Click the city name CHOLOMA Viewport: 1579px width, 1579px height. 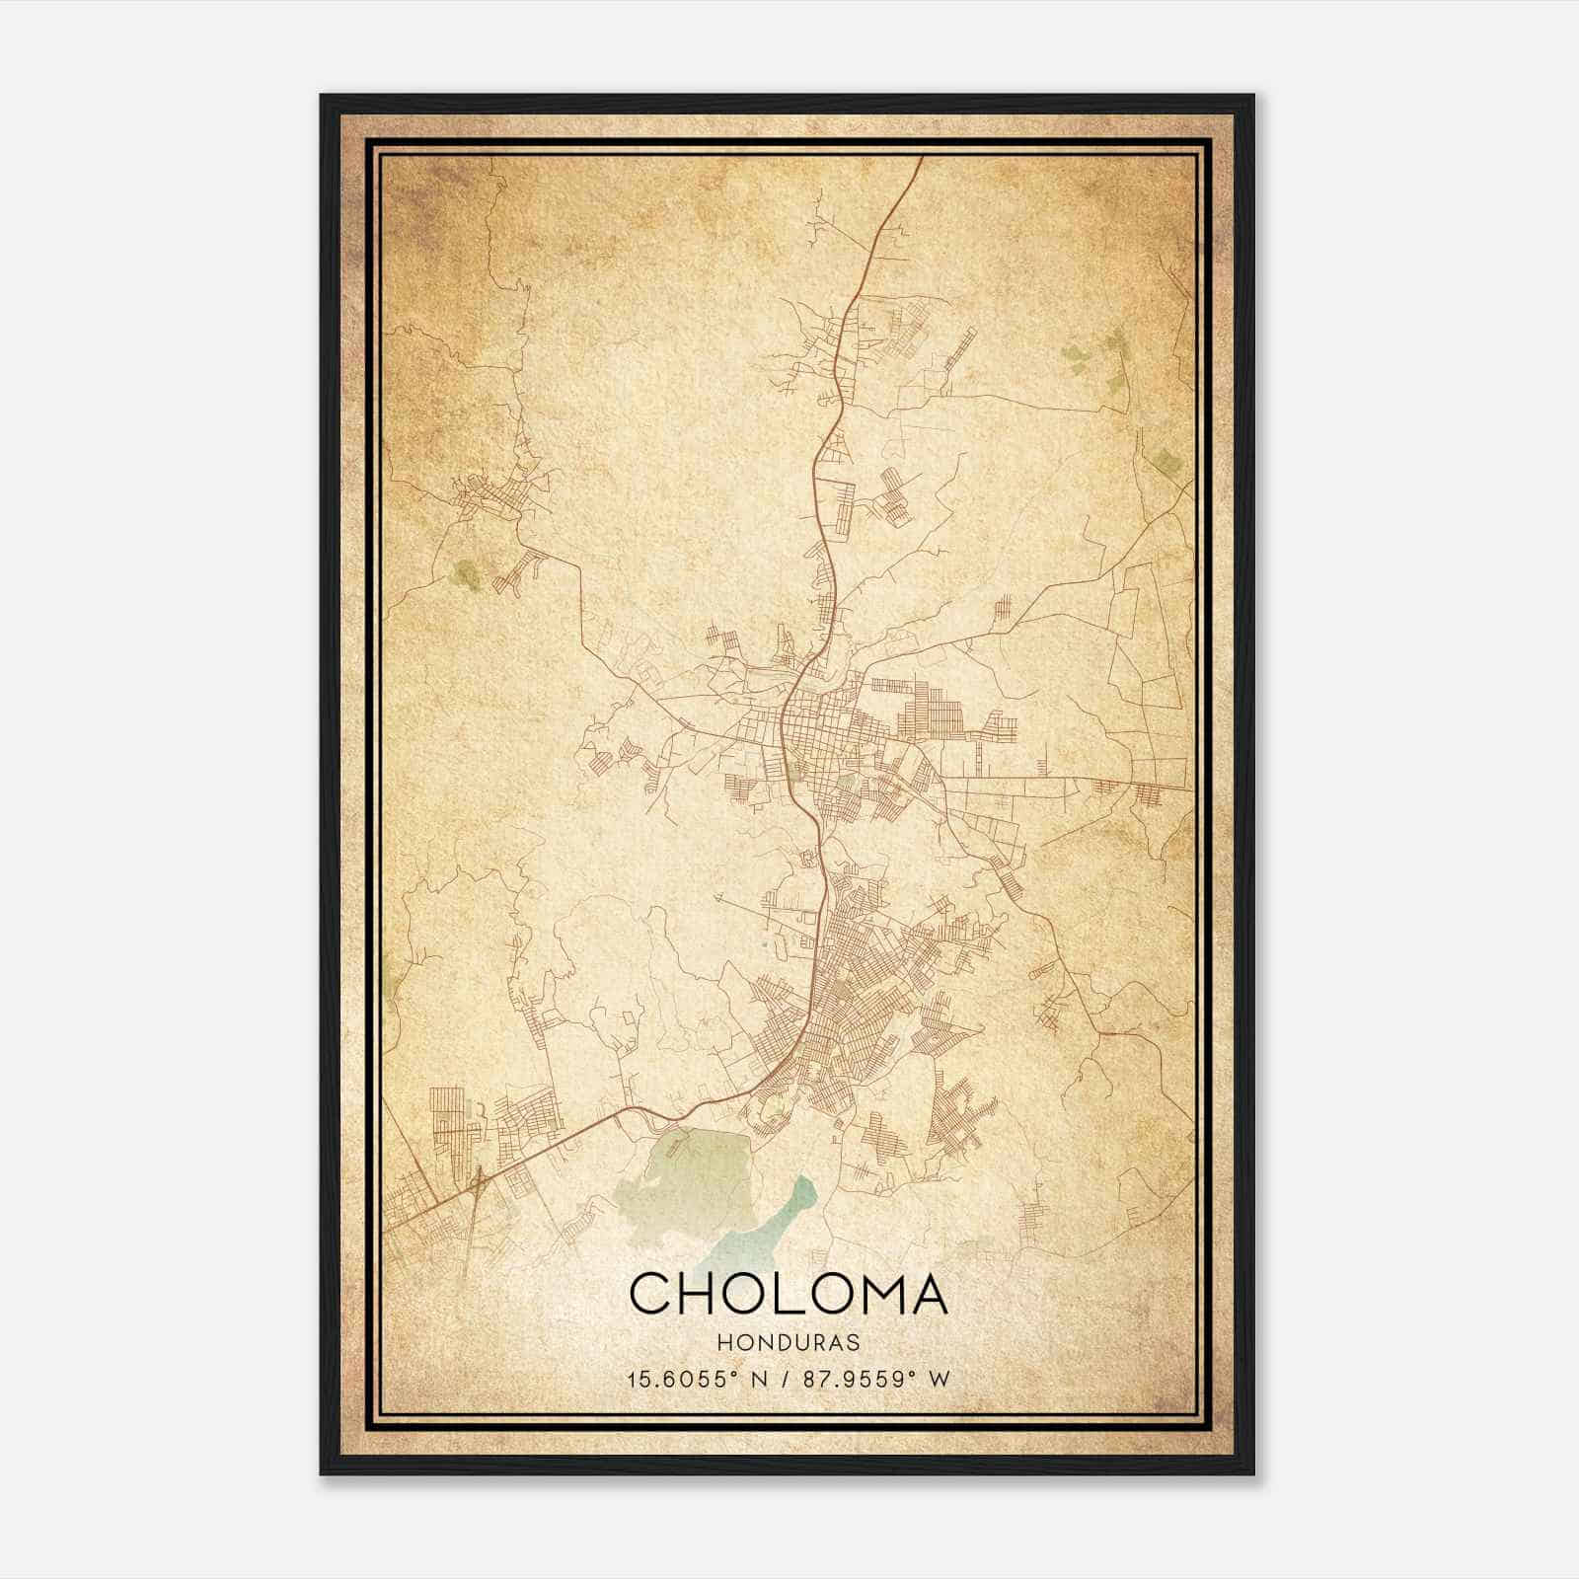pos(788,1294)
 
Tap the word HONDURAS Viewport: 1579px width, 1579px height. pos(788,1343)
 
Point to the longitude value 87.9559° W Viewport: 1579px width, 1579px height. pos(876,1379)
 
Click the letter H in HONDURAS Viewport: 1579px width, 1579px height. pos(723,1343)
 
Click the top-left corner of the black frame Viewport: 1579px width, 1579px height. pos(322,96)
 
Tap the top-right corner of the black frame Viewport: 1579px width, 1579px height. pos(1253,96)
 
